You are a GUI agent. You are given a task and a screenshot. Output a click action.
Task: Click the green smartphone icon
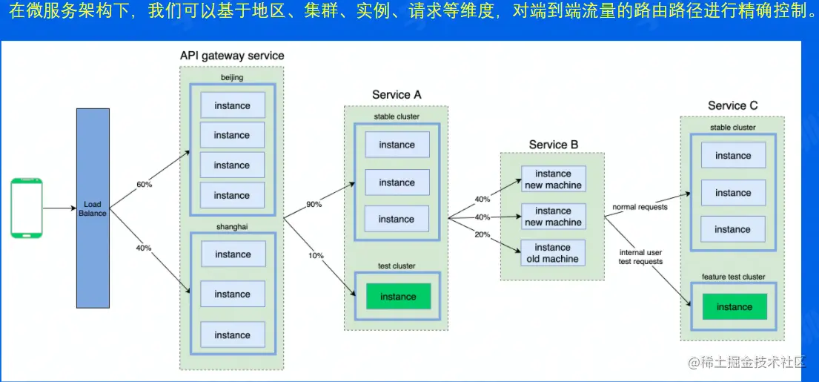pos(27,208)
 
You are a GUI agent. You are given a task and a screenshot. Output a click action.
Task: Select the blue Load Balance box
pos(93,208)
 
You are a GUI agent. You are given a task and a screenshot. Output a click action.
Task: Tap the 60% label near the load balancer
pos(144,184)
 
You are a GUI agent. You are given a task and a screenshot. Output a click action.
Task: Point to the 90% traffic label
pos(314,204)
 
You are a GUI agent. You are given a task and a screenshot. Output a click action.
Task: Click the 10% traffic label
pos(316,255)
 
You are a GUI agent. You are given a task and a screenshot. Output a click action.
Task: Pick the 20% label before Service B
pos(482,234)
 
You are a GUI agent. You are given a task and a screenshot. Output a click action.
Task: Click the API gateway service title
pos(232,56)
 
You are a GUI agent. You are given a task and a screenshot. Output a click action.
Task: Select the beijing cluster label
pos(232,77)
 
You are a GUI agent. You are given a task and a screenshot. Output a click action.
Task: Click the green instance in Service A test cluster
pos(398,297)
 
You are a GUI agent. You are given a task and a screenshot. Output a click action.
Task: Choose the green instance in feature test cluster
pos(735,307)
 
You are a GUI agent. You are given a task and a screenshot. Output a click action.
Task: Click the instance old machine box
pos(553,253)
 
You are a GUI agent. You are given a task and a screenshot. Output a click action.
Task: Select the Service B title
pos(553,145)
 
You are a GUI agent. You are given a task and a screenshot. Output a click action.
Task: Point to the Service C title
pos(732,106)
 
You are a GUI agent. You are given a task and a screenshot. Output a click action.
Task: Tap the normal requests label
pos(640,207)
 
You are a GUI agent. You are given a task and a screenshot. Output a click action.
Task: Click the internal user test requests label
pos(640,257)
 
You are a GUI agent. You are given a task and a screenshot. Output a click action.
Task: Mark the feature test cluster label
pos(733,277)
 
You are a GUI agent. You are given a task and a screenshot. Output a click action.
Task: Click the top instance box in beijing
pos(232,105)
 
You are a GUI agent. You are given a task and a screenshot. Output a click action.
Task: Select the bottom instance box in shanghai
pos(233,335)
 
